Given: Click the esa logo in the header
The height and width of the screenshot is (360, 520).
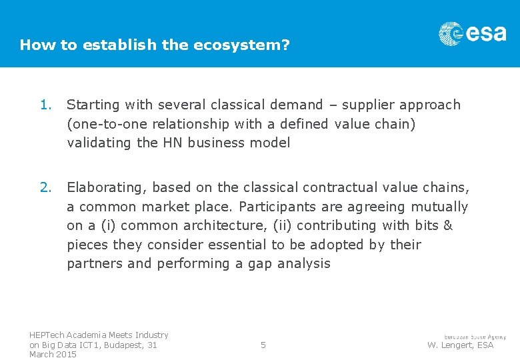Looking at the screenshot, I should tap(472, 33).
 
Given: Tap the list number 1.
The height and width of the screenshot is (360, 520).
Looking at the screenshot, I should tap(45, 105).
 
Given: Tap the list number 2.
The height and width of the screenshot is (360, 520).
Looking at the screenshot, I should tap(45, 187).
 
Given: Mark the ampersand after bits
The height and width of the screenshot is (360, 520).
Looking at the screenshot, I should tap(447, 225).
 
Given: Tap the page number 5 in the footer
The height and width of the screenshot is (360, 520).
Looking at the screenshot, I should tap(263, 345).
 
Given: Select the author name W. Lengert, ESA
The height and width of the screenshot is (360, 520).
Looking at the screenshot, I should tap(460, 345).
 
